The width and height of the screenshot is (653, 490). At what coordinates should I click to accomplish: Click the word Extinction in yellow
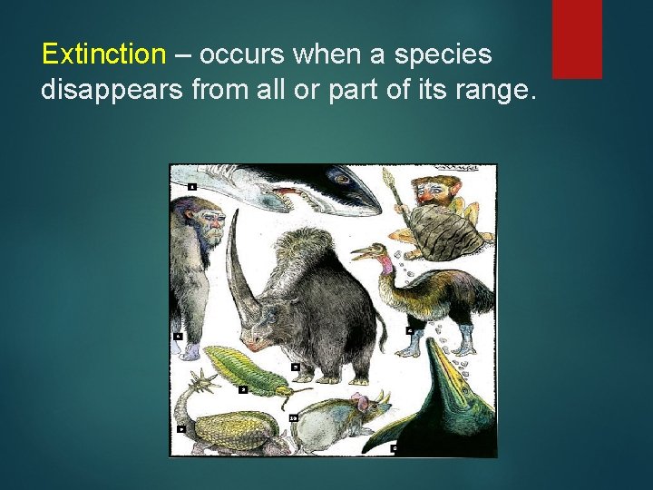coord(102,54)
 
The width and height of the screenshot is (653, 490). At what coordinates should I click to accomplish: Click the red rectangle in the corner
coord(577,39)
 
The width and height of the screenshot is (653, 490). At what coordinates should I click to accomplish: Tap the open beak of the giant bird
coord(361,251)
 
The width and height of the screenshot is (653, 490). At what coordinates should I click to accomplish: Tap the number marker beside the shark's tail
coord(192,186)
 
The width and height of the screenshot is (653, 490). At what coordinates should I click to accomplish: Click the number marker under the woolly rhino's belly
coord(296,367)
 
